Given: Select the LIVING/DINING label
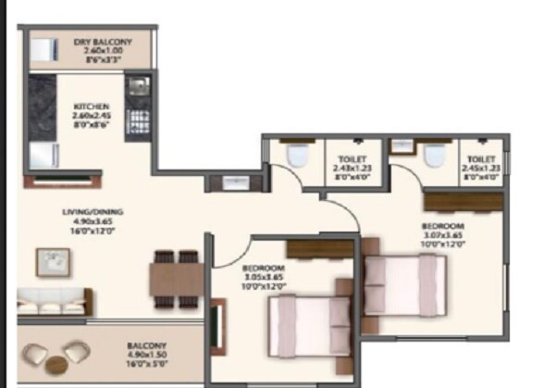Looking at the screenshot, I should (92, 221).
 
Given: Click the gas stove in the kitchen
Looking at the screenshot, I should (138, 121).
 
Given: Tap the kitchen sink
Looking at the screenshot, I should (137, 89).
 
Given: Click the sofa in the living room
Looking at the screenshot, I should (54, 302).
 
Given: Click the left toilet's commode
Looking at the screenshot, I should (297, 156).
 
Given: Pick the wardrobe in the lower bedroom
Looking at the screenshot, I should (320, 248).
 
